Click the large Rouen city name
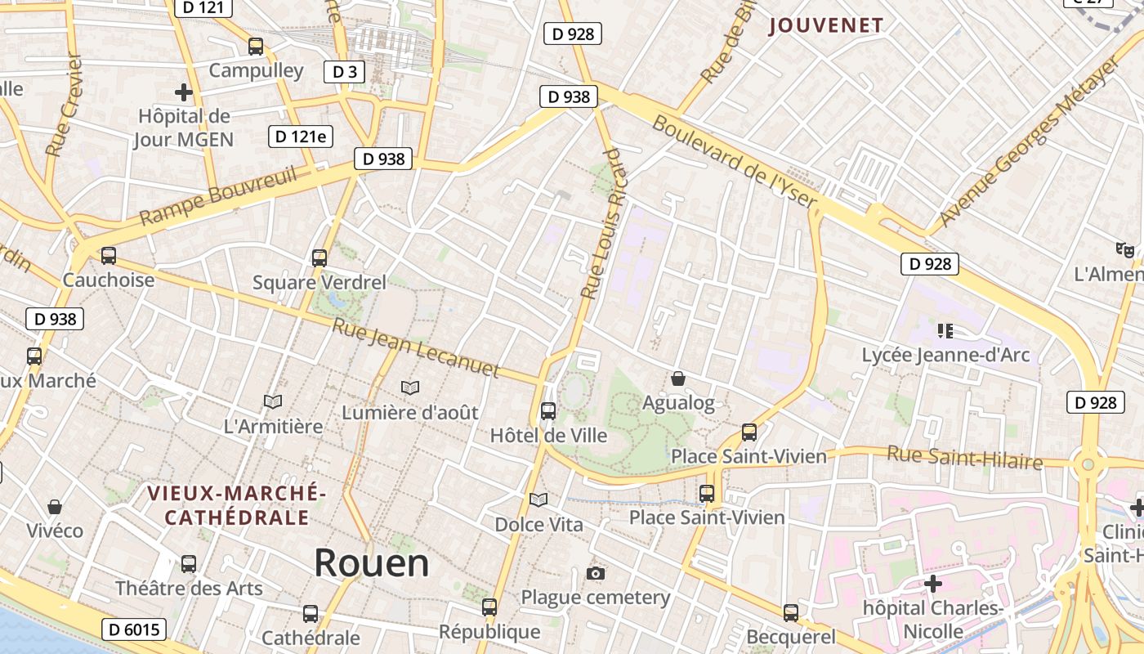[x=372, y=562]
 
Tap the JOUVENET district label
[x=826, y=25]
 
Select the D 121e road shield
[x=300, y=137]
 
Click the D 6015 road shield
[x=134, y=629]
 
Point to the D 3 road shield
[x=345, y=72]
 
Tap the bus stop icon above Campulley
[x=256, y=46]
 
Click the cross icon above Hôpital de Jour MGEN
[x=184, y=92]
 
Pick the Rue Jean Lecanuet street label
[x=416, y=347]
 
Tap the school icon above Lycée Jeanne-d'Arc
[x=945, y=331]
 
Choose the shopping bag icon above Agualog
[x=678, y=379]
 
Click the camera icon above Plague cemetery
[x=596, y=573]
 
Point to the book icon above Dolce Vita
[x=538, y=499]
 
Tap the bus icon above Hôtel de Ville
[x=548, y=410]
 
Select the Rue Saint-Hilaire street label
[x=965, y=457]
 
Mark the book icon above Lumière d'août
[x=410, y=387]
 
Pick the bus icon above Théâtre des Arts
[x=189, y=563]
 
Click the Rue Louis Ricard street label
[x=602, y=223]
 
